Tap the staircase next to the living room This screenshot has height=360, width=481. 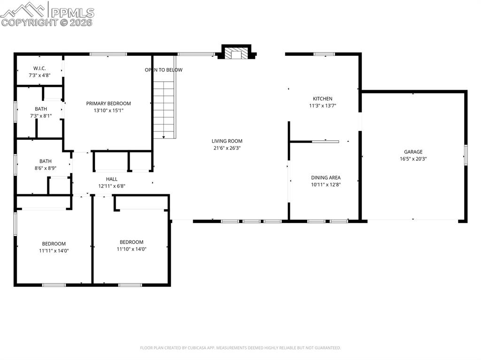click(x=164, y=109)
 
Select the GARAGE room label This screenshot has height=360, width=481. click(x=413, y=152)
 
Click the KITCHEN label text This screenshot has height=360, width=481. click(x=322, y=99)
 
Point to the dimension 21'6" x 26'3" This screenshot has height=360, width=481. click(x=227, y=148)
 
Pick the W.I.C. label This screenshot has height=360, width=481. click(x=39, y=68)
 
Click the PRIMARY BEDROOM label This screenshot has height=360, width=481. click(x=108, y=103)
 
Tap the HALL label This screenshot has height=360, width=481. click(x=112, y=179)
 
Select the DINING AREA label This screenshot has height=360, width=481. click(x=326, y=177)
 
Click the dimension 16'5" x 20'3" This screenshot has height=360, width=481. click(x=413, y=159)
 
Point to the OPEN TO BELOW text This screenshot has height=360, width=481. click(x=163, y=70)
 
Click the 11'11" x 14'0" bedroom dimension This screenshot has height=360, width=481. click(x=54, y=251)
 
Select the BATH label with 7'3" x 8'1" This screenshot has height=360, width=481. click(x=40, y=108)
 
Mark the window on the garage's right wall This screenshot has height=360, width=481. click(x=465, y=155)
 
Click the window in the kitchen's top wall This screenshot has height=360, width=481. click(x=324, y=54)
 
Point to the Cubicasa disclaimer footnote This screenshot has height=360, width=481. click(x=240, y=348)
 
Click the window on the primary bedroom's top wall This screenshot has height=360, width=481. click(x=108, y=54)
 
